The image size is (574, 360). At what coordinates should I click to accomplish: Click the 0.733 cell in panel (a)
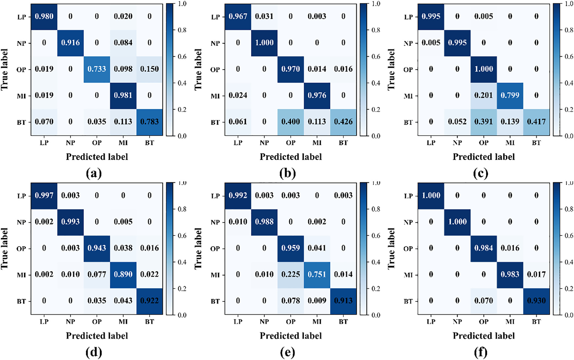coord(97,69)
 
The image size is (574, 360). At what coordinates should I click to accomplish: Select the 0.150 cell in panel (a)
coord(149,69)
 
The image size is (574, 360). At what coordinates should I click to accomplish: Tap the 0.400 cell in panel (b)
coord(290,122)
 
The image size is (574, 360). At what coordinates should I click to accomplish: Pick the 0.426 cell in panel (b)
coord(343,122)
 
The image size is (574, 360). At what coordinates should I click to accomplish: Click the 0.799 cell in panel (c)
coord(510,95)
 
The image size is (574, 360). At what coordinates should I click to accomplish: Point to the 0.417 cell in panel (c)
coord(536,122)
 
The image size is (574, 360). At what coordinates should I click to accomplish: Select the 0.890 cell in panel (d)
coord(123,275)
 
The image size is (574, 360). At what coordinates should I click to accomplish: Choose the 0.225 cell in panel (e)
coord(290,275)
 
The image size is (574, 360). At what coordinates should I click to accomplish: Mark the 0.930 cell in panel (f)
coord(536,301)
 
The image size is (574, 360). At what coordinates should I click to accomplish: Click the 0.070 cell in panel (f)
coord(484,301)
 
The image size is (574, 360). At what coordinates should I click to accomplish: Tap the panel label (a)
coord(94,173)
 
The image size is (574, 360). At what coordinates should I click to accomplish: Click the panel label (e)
coord(287,352)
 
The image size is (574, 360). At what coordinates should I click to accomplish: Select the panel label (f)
coord(481,352)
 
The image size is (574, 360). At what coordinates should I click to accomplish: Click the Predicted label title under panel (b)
coord(290,157)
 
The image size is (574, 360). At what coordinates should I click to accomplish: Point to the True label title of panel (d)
coord(4,249)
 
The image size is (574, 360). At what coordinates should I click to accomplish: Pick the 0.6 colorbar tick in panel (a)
coord(182,57)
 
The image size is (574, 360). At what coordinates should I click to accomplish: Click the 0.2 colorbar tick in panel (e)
coord(376,289)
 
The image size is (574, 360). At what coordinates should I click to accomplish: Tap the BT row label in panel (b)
coord(215,123)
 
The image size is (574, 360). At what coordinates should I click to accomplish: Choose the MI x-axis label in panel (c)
coord(510,143)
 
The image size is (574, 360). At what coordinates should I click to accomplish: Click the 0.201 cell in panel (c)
coord(484,95)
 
